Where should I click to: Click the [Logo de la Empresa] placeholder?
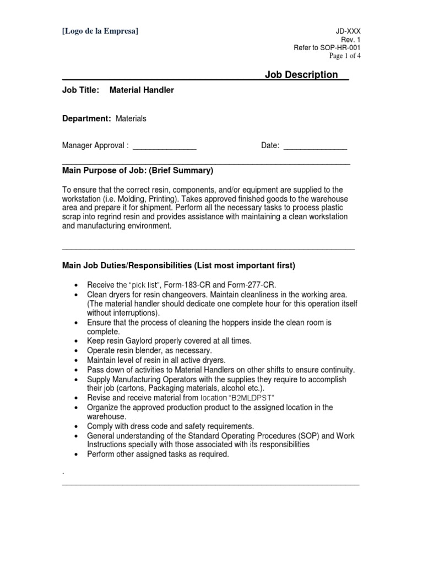pos(100,31)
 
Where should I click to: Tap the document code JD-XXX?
pos(349,32)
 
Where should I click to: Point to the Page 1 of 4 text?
pos(345,56)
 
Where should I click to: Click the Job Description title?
pos(301,75)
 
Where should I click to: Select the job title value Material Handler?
pos(142,90)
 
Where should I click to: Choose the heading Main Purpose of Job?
pos(137,170)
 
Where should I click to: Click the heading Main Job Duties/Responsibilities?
pos(178,265)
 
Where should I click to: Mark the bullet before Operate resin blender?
pos(75,351)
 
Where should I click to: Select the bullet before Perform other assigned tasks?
pos(75,454)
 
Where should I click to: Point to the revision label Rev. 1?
pos(351,40)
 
